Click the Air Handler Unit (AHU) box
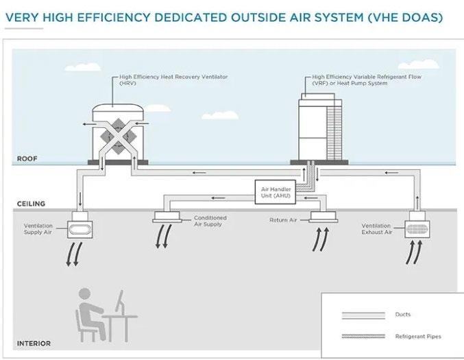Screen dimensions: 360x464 tap(274, 191)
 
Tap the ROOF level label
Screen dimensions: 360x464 tap(27, 158)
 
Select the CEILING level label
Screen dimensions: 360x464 tap(31, 204)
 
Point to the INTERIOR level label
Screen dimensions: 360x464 tap(34, 343)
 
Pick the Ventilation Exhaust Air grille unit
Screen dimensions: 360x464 tap(419, 226)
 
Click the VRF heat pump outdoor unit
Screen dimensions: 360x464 tap(319, 129)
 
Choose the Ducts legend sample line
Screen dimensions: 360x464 tap(363, 315)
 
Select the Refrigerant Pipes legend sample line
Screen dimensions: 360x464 tap(363, 337)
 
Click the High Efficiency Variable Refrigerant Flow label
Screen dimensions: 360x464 tap(367, 80)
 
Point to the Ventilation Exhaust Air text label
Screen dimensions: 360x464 tap(376, 229)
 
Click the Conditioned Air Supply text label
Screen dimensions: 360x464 tap(209, 221)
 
